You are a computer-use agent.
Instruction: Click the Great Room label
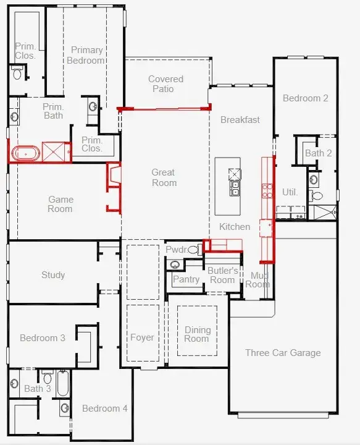164,177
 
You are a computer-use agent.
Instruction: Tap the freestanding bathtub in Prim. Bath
26,153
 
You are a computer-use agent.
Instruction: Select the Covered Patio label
165,83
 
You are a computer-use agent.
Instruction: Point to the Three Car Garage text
283,353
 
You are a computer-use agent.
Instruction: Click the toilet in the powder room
194,250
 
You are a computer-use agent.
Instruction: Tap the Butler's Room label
222,275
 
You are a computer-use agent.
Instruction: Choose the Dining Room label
198,334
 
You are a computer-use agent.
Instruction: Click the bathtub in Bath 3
63,383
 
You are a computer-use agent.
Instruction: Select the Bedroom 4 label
104,409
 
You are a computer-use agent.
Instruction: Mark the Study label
53,274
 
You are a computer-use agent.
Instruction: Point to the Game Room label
61,204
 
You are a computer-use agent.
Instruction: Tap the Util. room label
290,192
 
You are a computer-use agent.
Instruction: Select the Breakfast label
240,120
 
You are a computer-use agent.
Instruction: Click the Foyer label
142,337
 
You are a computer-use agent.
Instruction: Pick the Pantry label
186,279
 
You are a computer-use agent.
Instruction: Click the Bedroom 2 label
305,98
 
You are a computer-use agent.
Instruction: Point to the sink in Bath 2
313,180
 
